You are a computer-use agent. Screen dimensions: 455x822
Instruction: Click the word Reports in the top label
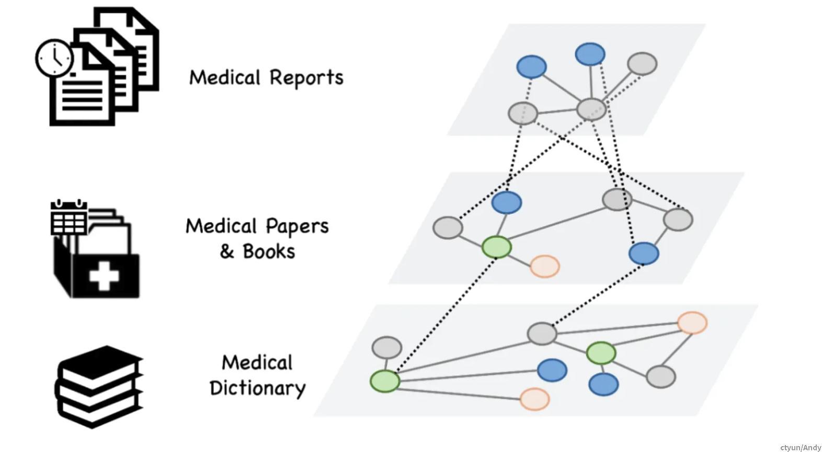pos(306,77)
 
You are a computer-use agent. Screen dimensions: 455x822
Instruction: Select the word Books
pos(269,252)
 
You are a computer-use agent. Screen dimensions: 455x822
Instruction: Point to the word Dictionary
pos(257,388)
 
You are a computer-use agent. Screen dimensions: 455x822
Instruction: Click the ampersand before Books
pos(226,252)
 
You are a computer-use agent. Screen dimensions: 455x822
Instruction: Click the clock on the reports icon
pos(54,58)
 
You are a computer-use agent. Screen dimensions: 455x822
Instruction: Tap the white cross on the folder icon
pos(104,275)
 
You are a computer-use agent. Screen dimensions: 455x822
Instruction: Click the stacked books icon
pos(99,387)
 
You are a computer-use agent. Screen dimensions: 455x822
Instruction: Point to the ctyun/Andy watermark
pos(801,448)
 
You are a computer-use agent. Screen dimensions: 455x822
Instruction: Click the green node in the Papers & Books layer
pos(496,247)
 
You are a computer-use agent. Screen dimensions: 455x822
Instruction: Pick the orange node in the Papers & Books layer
pos(545,266)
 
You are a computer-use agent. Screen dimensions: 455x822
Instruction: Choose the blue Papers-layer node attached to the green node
pos(507,202)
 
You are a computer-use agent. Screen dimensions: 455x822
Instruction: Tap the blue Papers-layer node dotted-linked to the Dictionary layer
pos(644,254)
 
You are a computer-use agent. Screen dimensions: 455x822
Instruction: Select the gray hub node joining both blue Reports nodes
pos(591,109)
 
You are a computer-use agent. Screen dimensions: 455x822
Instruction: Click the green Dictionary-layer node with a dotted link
pos(385,381)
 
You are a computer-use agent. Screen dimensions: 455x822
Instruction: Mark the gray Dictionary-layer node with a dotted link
pos(542,333)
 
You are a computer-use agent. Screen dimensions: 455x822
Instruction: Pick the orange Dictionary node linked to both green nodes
pos(692,323)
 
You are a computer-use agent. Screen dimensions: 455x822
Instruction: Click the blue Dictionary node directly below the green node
pos(604,384)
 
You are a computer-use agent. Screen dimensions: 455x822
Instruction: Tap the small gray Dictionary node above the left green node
pos(387,347)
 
